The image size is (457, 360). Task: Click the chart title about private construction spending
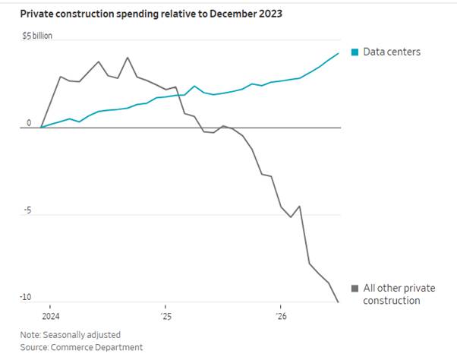coord(151,14)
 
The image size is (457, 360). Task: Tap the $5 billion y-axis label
coord(37,36)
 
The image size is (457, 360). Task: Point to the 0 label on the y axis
coord(29,123)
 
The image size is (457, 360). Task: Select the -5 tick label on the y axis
coord(27,210)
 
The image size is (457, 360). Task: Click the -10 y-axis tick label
coord(25,297)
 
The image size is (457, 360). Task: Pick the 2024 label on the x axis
coord(51,316)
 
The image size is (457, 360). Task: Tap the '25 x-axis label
coord(166,316)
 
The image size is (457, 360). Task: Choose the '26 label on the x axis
coord(281,316)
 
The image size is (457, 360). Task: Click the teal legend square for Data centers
coord(355,52)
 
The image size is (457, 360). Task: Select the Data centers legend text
coord(392,52)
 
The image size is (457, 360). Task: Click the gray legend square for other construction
coord(355,289)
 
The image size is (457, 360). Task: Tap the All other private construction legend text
coord(399,294)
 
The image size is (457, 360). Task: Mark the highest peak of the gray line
coord(128,58)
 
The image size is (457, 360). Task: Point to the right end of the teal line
coord(339,53)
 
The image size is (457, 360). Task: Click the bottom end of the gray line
coord(339,302)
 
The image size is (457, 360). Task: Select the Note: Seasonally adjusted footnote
coord(71,335)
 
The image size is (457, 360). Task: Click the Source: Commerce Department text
coord(81,347)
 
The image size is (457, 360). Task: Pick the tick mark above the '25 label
coord(165,307)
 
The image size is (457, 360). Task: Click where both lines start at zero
coord(41,128)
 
